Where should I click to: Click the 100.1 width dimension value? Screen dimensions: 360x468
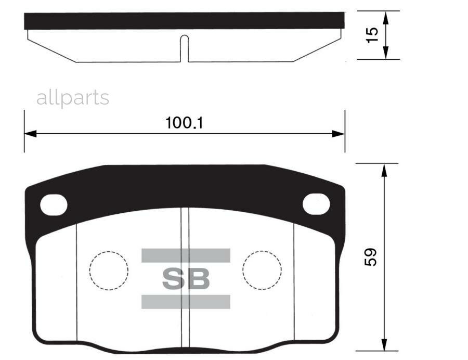pos(184,123)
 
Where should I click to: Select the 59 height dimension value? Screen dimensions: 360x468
pos(370,257)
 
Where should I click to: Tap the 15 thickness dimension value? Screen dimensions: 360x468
pos(372,35)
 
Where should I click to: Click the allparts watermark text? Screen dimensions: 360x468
pos(73,98)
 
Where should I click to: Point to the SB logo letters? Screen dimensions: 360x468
pos(186,279)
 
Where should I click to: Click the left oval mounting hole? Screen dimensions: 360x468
pos(54,204)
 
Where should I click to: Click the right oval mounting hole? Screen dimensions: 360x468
pos(316,203)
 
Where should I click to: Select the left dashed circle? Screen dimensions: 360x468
pos(108,271)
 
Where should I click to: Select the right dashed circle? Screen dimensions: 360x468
pos(262,271)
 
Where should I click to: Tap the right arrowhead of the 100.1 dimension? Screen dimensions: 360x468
pos(339,134)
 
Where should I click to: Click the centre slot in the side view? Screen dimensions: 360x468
pos(184,48)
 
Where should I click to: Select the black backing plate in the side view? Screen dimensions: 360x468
pos(184,21)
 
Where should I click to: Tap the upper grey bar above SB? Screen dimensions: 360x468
pos(186,255)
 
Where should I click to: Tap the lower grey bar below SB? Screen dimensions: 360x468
pos(186,302)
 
